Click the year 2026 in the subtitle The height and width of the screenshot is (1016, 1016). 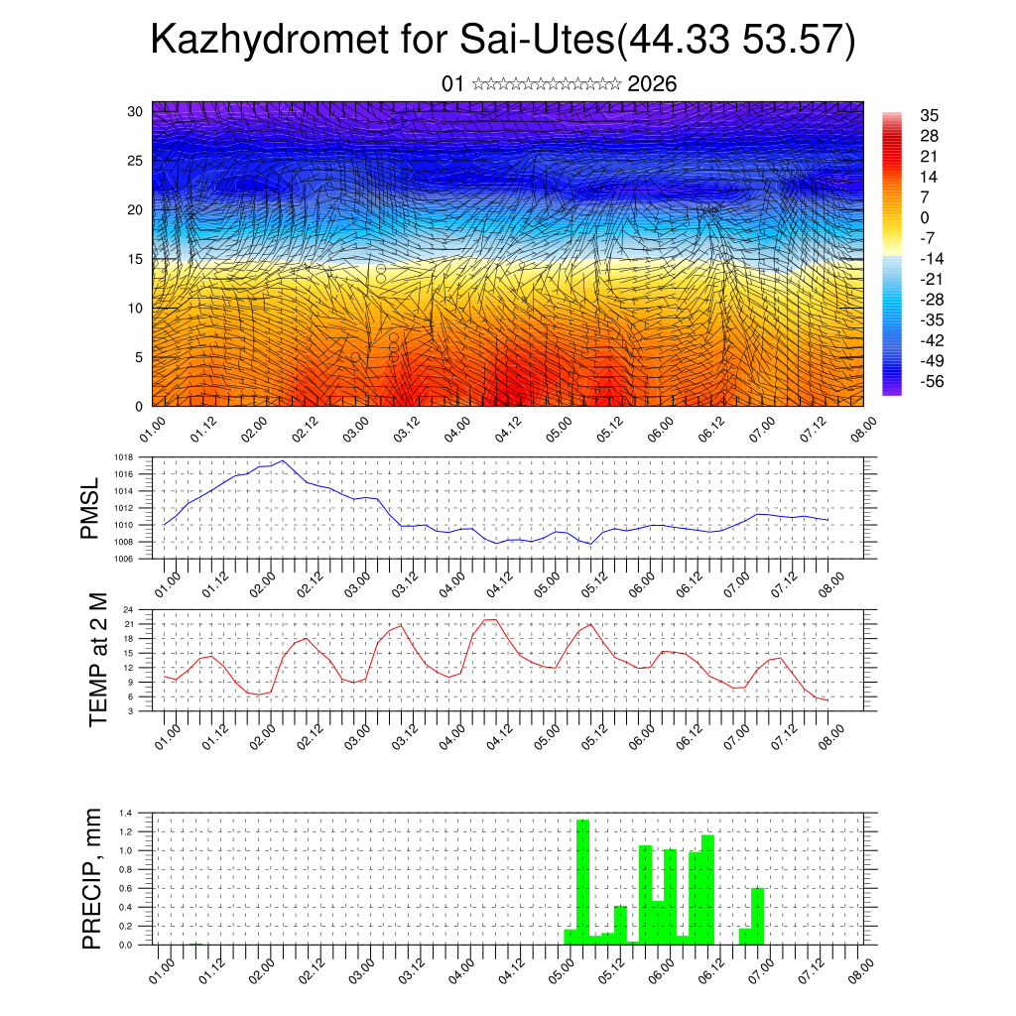pos(652,83)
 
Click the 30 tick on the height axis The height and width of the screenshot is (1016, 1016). pos(135,111)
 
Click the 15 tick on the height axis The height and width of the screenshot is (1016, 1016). pos(135,259)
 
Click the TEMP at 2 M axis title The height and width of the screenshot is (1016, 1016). pos(97,659)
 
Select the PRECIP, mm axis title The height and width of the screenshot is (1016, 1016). pos(92,876)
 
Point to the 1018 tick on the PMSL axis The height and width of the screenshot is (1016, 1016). pos(123,457)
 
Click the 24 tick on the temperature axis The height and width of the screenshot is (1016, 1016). pos(128,609)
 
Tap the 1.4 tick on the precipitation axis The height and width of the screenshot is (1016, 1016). pos(126,813)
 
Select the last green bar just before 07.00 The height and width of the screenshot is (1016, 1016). pos(758,915)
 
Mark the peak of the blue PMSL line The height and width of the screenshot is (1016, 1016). pos(283,460)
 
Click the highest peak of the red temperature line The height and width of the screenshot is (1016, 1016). pos(490,619)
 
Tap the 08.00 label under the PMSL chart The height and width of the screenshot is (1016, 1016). pos(832,578)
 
